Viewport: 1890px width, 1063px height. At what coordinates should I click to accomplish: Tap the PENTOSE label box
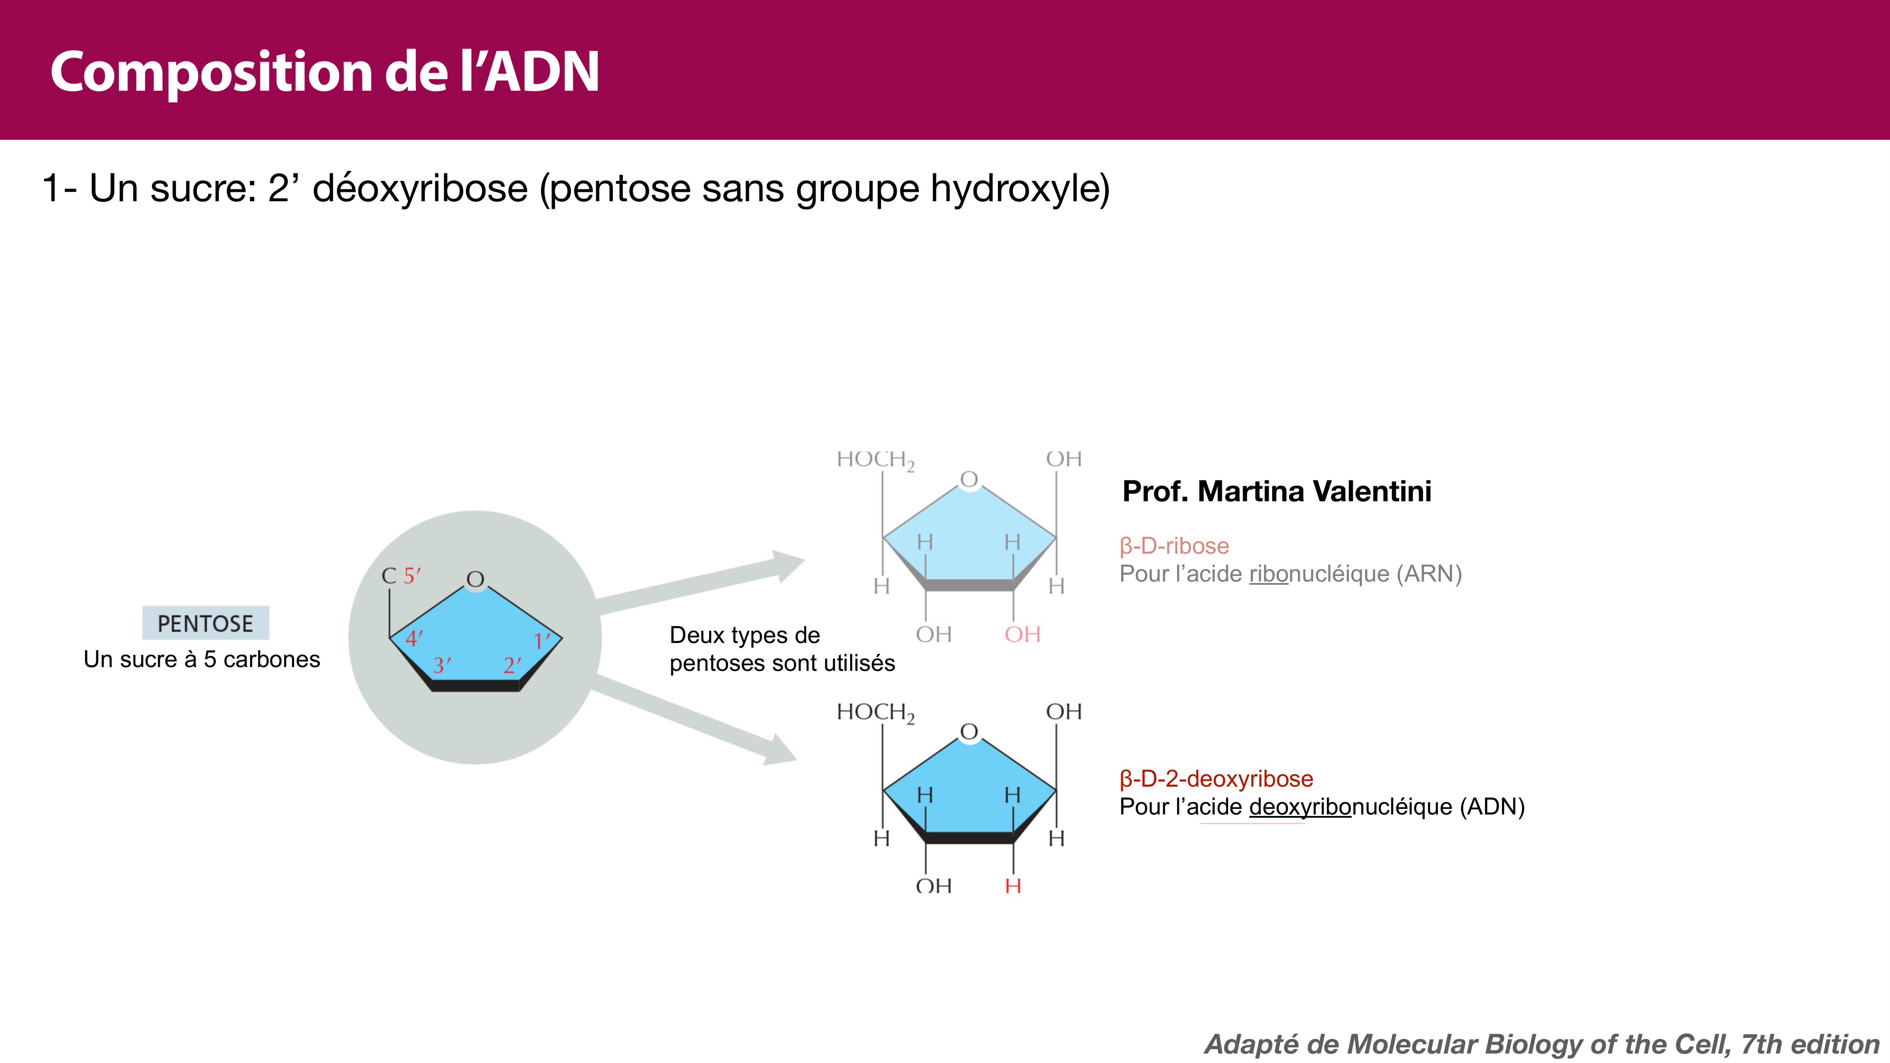(206, 623)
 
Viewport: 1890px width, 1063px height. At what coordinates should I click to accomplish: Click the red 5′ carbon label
(412, 576)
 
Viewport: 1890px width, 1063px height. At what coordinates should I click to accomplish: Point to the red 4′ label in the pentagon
(414, 639)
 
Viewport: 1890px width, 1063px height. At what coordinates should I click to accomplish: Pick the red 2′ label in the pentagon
(511, 665)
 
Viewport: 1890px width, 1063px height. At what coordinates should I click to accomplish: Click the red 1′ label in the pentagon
(541, 641)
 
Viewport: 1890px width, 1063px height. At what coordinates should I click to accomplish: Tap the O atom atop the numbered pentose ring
(475, 580)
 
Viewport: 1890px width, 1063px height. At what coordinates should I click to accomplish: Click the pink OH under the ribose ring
(1022, 634)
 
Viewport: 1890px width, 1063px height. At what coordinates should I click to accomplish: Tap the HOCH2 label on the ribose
(875, 460)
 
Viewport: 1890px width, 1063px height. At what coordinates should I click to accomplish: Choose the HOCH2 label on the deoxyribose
(875, 712)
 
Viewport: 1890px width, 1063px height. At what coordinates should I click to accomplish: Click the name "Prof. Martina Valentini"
(1277, 491)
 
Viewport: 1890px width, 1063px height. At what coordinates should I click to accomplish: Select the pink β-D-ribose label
(1174, 546)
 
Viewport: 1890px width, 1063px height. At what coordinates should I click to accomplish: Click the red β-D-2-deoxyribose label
(1216, 779)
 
